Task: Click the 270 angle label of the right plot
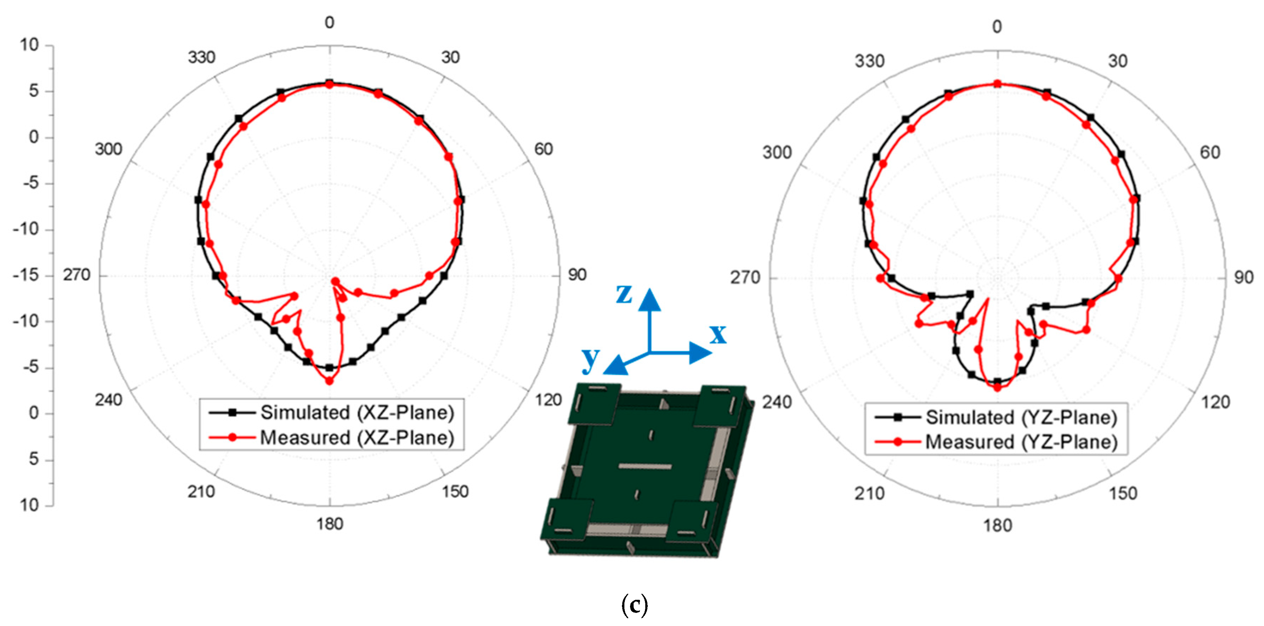745,278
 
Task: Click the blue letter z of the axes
624,294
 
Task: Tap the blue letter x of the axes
718,334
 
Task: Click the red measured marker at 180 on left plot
329,381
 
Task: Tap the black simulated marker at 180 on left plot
329,367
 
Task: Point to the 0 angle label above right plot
996,27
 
